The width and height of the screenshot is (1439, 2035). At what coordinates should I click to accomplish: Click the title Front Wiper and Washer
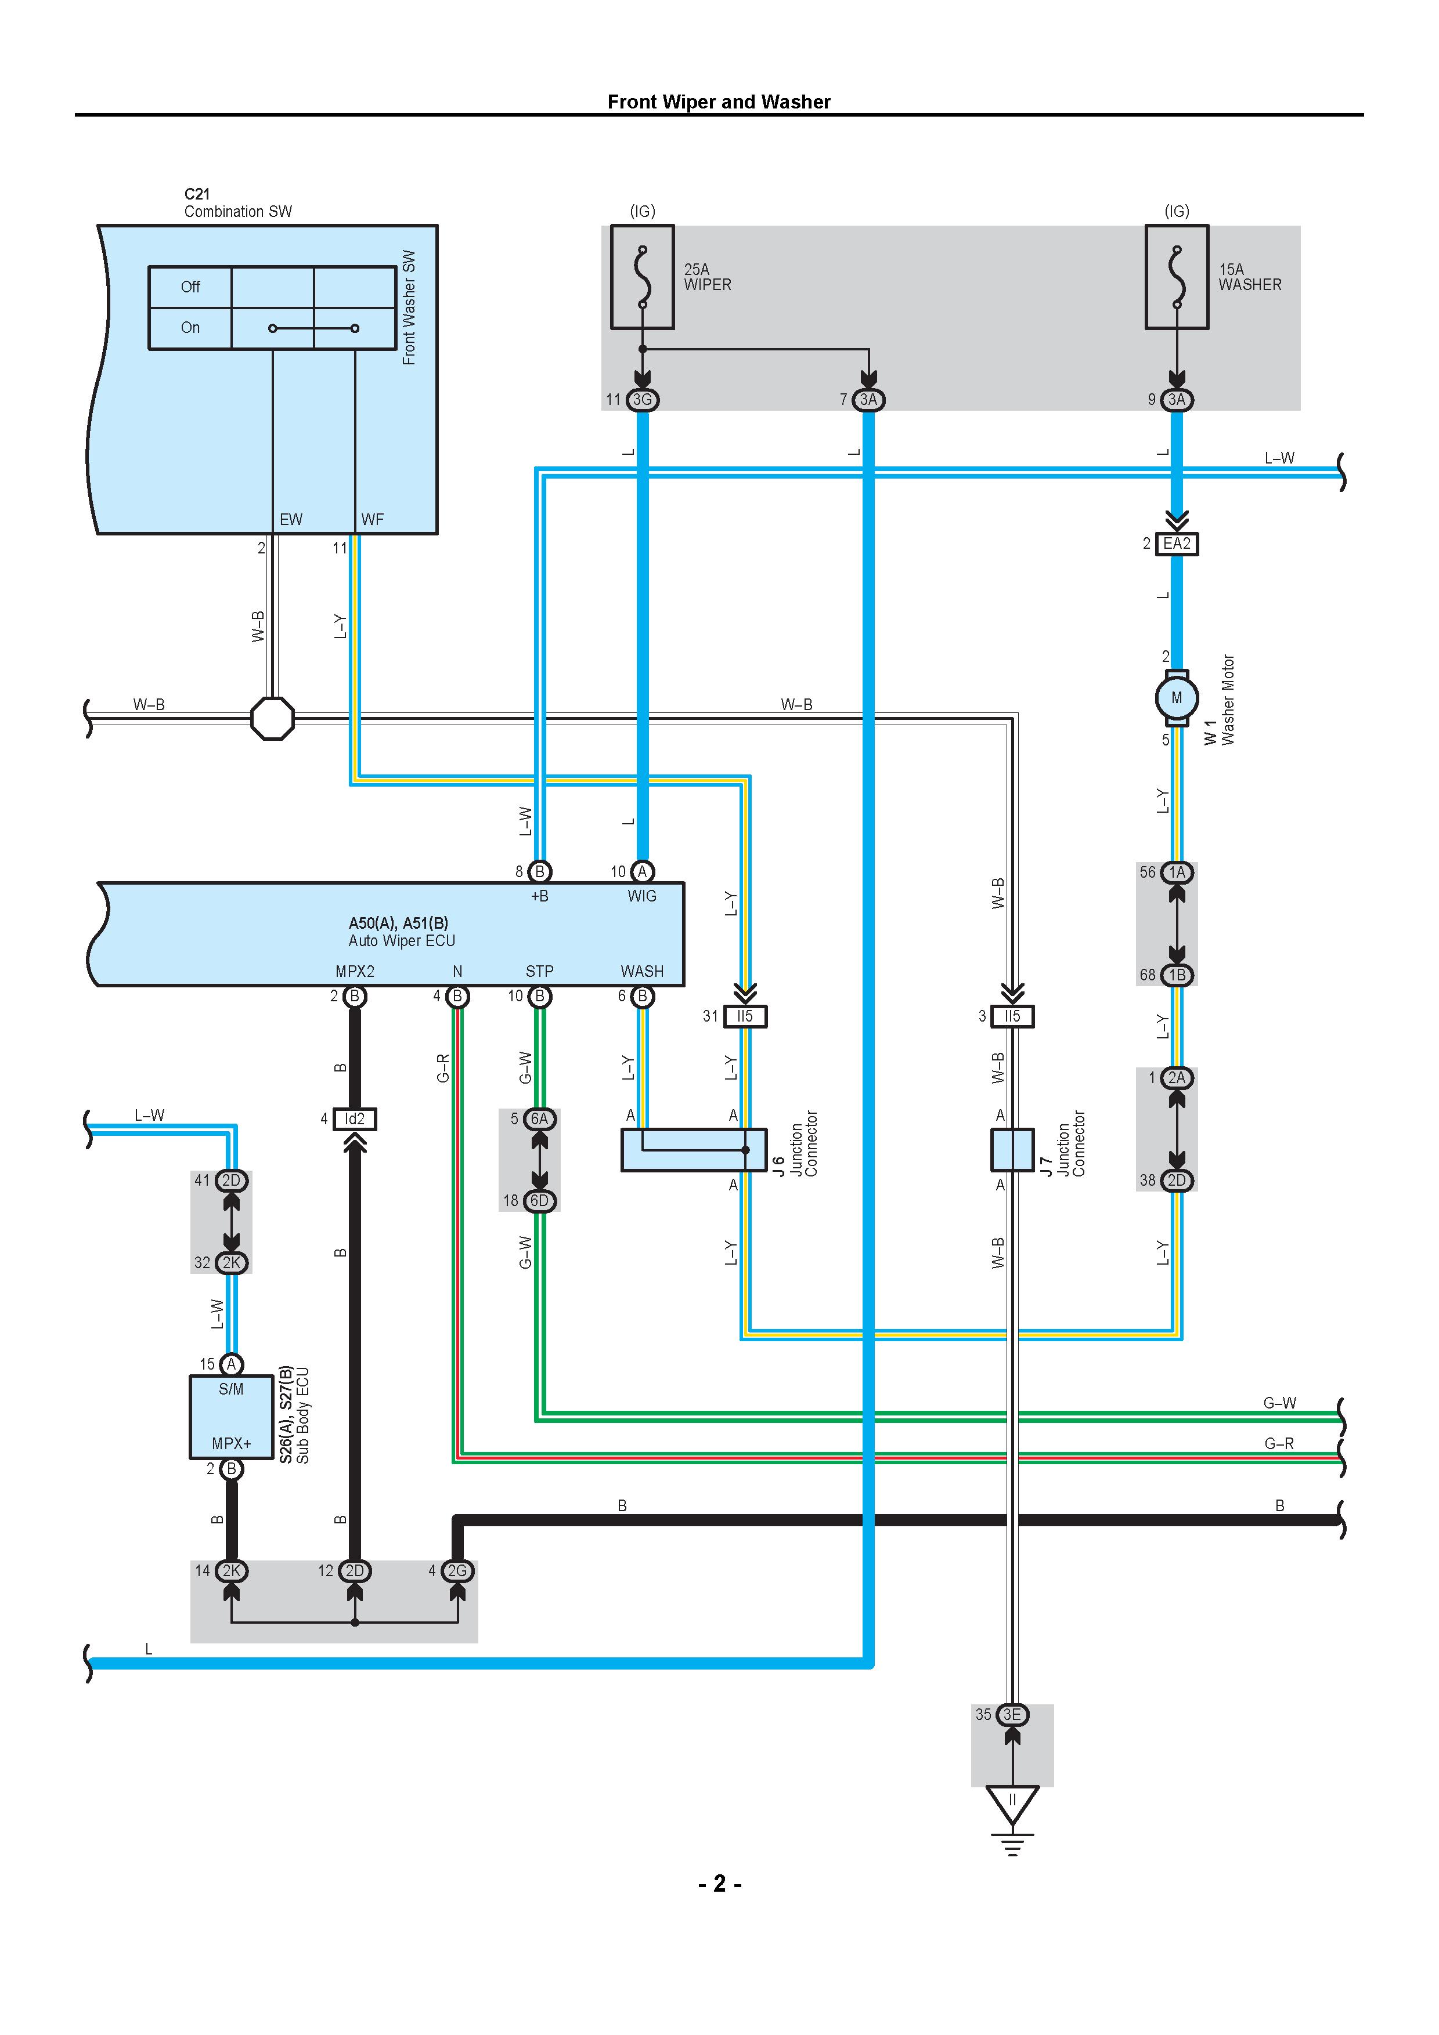(719, 102)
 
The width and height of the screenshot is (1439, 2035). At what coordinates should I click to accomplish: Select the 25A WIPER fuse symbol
(642, 277)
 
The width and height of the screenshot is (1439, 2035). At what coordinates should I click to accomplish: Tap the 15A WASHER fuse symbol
(1177, 277)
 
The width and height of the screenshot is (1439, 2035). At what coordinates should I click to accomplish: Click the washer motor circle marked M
(1177, 697)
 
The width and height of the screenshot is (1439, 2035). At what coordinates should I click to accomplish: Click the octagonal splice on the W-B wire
(272, 718)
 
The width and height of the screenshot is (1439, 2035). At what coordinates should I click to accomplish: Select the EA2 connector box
(1177, 544)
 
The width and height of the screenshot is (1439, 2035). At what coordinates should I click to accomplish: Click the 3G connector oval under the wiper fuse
(642, 400)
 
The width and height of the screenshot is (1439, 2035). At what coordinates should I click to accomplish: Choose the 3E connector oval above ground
(1012, 1714)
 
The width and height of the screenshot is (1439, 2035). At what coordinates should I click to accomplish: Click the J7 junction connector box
(1012, 1150)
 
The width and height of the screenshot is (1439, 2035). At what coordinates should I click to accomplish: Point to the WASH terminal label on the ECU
(642, 972)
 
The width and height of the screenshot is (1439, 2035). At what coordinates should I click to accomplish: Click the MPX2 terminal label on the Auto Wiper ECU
(355, 972)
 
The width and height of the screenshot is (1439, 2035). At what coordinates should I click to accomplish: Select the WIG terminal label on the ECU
(642, 896)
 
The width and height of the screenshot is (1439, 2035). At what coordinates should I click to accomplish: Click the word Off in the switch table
(190, 287)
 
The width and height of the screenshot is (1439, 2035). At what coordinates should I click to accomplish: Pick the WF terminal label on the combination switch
(373, 519)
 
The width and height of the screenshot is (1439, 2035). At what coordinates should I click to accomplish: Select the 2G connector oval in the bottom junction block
(457, 1570)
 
